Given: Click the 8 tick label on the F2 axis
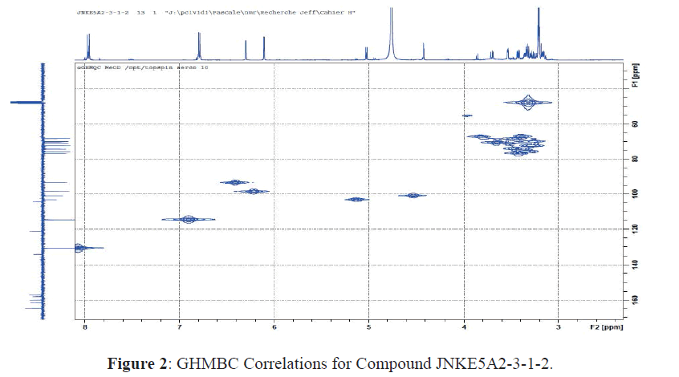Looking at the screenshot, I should click(85, 328).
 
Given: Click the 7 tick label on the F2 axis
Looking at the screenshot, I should click(180, 328).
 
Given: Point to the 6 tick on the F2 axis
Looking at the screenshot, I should click(274, 328).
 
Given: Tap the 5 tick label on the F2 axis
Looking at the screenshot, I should click(369, 328).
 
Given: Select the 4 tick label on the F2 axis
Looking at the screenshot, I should click(464, 328).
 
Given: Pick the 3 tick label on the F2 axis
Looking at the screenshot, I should click(559, 328).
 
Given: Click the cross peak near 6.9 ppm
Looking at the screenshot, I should click(189, 219).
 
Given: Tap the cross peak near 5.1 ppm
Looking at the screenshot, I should click(356, 199).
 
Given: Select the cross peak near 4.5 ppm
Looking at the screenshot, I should click(413, 196).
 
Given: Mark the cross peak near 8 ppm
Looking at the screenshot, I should click(79, 248).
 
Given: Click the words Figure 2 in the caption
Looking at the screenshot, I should click(137, 363).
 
